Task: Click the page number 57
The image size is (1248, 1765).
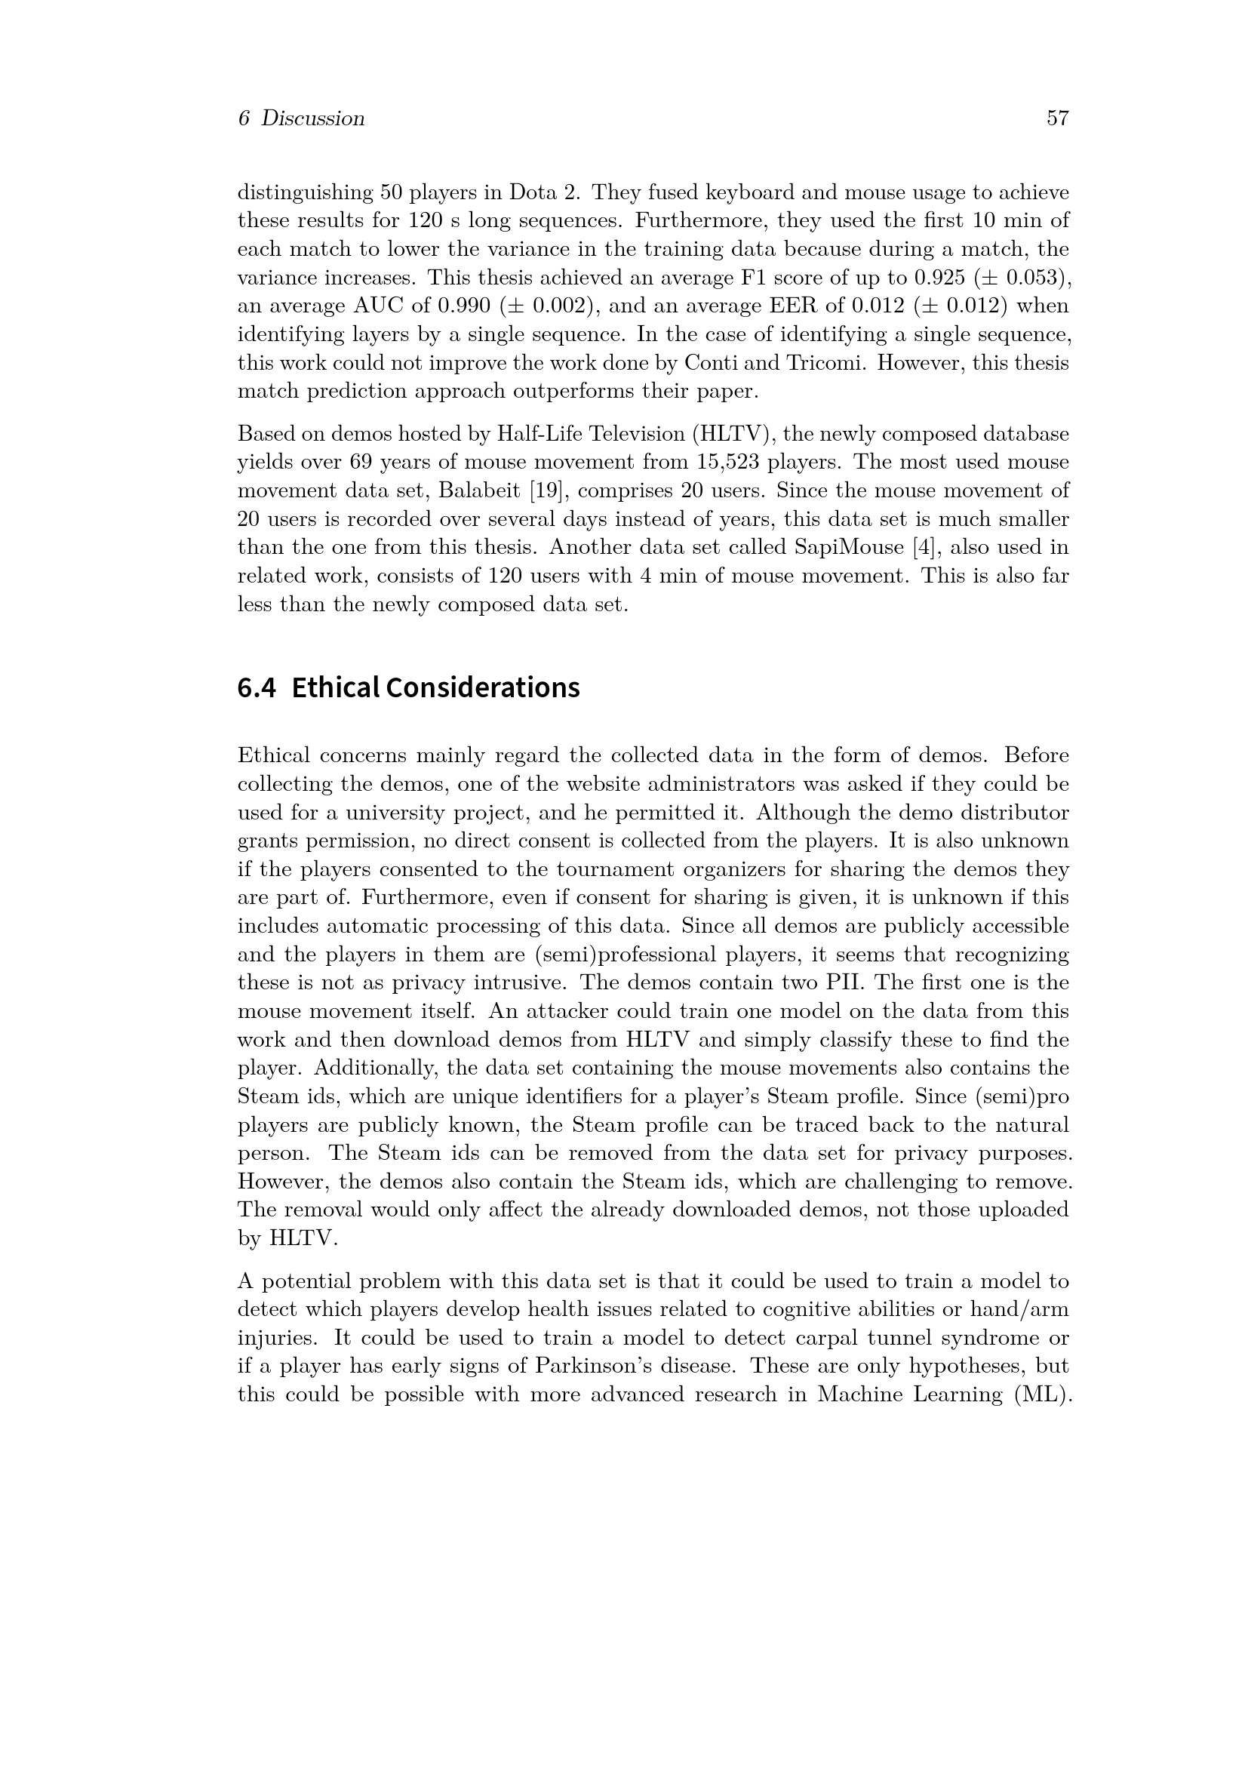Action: pyautogui.click(x=1057, y=118)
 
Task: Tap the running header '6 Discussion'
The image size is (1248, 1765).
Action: pyautogui.click(x=301, y=118)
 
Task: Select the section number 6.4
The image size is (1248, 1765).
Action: pyautogui.click(x=256, y=687)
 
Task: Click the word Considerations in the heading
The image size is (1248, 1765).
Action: pyautogui.click(x=483, y=687)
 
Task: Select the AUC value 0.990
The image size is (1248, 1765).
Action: pyautogui.click(x=463, y=306)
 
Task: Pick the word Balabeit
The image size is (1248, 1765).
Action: pyautogui.click(x=481, y=490)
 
